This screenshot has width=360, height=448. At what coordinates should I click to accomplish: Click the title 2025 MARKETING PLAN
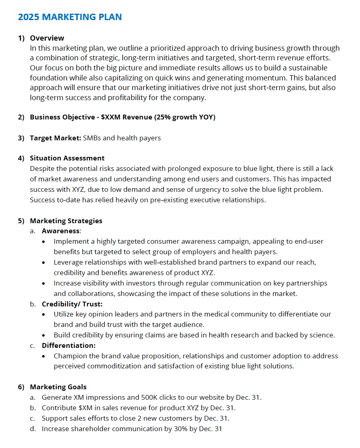[x=70, y=17]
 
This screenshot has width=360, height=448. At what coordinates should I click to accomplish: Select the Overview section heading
[x=47, y=38]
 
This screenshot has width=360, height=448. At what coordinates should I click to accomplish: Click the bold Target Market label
[x=55, y=138]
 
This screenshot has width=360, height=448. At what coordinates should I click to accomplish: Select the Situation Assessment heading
[x=67, y=158]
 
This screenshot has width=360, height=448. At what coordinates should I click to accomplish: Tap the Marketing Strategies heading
[x=66, y=221]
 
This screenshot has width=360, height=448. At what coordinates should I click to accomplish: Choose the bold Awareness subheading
[x=61, y=231]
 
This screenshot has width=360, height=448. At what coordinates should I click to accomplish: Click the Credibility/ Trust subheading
[x=72, y=304]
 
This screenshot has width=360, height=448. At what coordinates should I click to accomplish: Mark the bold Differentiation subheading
[x=68, y=345]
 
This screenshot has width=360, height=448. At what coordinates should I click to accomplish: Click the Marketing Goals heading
[x=58, y=387]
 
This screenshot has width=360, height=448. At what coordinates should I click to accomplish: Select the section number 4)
[x=21, y=158]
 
